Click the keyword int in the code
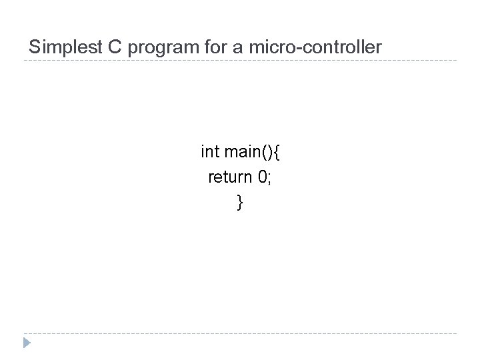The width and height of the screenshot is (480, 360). [209, 152]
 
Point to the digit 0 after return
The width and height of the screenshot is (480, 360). [260, 177]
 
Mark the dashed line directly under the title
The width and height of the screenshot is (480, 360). [240, 61]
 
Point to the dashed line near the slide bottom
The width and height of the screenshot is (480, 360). [240, 333]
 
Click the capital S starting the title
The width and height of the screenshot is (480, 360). [35, 47]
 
